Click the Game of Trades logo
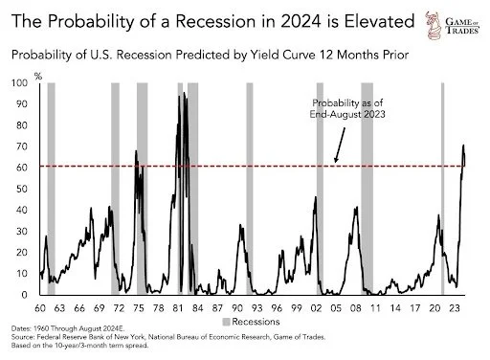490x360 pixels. [453, 26]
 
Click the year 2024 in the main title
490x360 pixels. [301, 22]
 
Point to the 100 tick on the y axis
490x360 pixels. [19, 83]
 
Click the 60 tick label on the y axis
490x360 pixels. [22, 168]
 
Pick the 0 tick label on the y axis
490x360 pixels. [25, 295]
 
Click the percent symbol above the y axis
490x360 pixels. [38, 77]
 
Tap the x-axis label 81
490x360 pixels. [178, 308]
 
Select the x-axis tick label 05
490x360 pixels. [336, 308]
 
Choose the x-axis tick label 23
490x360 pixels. [455, 308]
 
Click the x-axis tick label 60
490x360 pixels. [40, 308]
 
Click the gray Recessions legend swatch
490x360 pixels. [226, 322]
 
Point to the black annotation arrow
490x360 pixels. [340, 146]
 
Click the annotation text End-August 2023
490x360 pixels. [347, 114]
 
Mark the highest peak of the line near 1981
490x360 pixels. [184, 93]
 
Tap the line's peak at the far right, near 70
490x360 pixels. [463, 146]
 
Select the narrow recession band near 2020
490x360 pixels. [442, 189]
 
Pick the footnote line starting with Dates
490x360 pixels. [68, 328]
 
